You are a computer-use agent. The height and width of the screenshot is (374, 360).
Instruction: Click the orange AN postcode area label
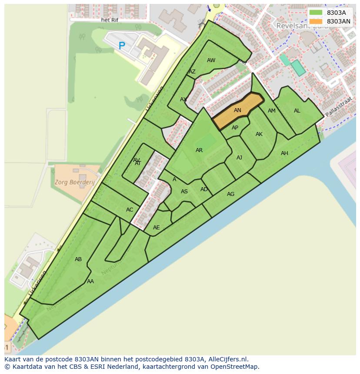(x=237, y=110)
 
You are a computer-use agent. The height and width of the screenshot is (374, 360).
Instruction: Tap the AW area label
(x=211, y=60)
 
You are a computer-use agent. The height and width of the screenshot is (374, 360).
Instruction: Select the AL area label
(x=297, y=111)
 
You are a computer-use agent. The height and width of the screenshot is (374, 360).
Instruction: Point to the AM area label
(x=272, y=111)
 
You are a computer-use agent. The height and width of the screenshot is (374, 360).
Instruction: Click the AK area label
(x=259, y=134)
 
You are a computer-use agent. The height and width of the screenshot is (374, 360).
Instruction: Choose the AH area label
(x=284, y=153)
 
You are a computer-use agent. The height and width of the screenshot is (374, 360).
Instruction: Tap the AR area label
(x=199, y=150)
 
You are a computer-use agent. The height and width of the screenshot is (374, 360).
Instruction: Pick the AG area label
(x=230, y=194)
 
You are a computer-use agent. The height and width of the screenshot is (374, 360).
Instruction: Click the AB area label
(x=78, y=259)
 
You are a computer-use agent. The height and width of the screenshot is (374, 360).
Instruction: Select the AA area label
(x=90, y=281)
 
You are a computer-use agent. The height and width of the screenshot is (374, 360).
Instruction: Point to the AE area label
(x=157, y=228)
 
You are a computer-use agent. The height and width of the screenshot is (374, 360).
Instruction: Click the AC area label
(x=130, y=210)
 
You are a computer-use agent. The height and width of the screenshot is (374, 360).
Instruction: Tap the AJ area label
(x=239, y=158)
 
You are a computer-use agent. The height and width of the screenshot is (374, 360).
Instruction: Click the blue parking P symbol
(x=122, y=45)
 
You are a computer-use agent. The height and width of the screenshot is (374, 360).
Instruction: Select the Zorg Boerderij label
(x=75, y=182)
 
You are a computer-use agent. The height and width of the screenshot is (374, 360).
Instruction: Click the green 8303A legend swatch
(x=316, y=13)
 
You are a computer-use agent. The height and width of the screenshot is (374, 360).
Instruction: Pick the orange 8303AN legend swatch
(x=316, y=21)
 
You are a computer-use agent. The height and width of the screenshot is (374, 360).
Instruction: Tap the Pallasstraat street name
(x=337, y=111)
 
